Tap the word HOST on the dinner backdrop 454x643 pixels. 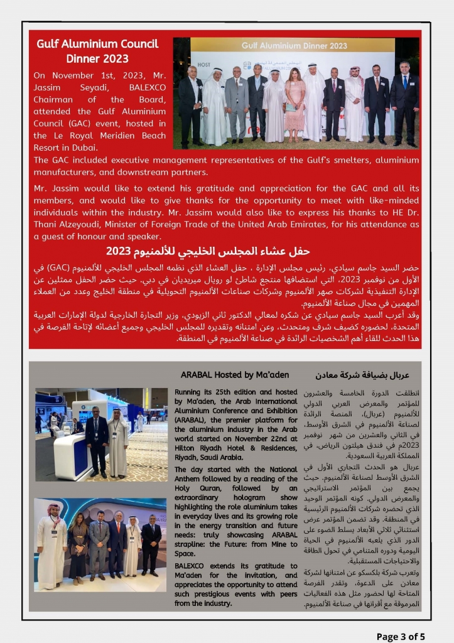(203, 65)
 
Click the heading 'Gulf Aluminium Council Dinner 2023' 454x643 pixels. (97, 51)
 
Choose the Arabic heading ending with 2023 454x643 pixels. (208, 251)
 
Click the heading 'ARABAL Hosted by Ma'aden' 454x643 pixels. (235, 375)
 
